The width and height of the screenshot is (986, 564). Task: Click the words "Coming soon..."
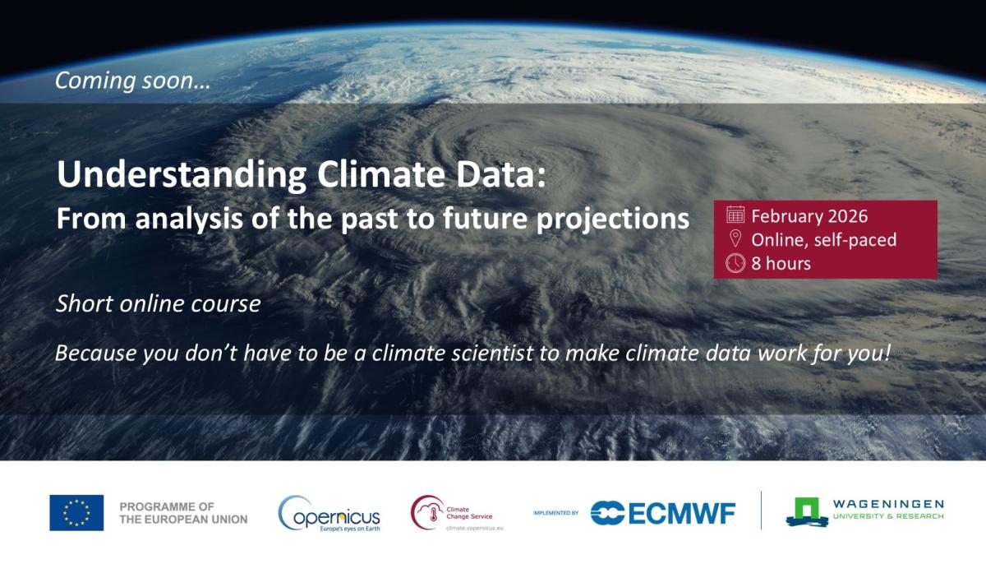133,81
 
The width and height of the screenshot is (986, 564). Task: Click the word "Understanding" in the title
182,175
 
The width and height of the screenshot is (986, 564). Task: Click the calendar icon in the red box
735,215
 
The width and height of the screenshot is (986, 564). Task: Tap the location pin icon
735,238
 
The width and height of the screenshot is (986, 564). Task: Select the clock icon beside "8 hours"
735,263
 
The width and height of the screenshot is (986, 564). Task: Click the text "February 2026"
809,216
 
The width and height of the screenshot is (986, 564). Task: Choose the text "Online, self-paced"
824,240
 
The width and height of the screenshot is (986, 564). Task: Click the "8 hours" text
781,263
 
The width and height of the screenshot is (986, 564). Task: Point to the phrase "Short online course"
159,303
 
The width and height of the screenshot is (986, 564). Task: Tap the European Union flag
76,512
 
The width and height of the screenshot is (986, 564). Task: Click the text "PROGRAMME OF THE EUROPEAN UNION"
183,513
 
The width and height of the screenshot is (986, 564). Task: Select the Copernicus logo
329,513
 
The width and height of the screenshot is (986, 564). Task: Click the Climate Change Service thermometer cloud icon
428,512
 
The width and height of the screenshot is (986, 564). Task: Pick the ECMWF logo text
662,513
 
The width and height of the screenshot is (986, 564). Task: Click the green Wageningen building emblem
807,512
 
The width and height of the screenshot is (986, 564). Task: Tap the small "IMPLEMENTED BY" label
555,513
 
